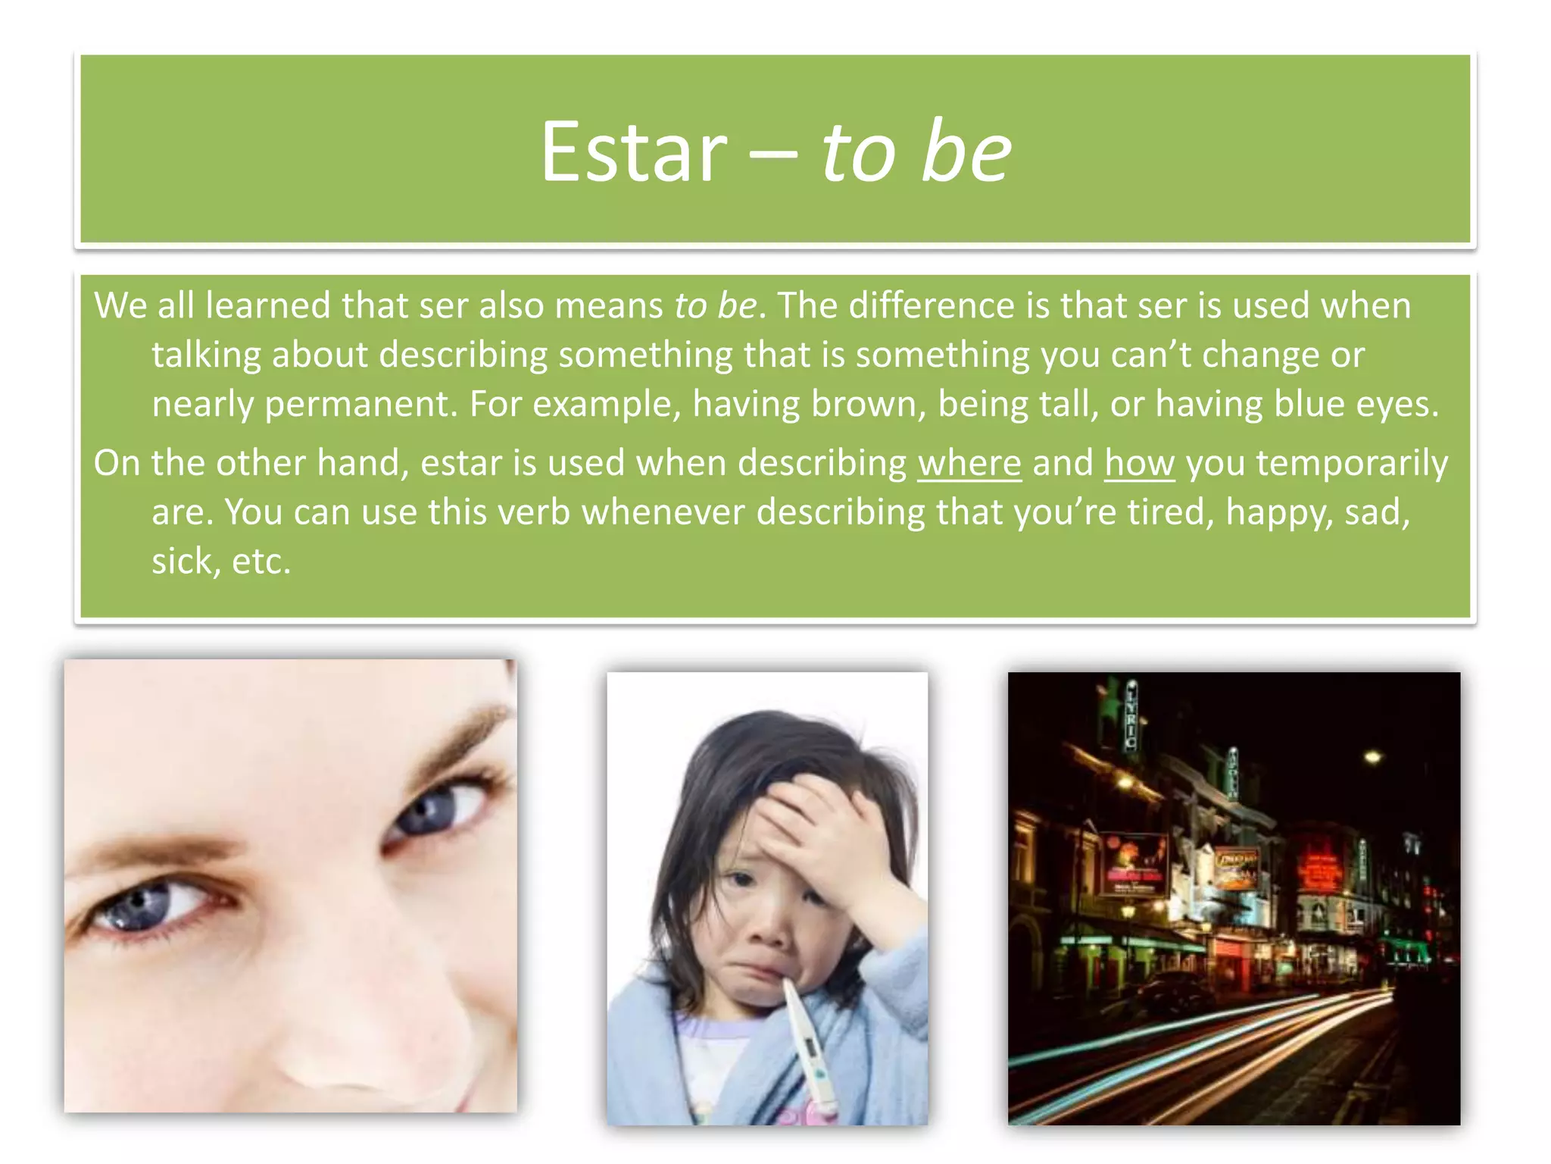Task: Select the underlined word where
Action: click(x=969, y=463)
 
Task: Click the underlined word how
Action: click(x=1139, y=463)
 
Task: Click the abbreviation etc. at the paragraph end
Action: click(x=261, y=562)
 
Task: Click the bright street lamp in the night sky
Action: click(x=1372, y=756)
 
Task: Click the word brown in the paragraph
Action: click(x=869, y=405)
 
